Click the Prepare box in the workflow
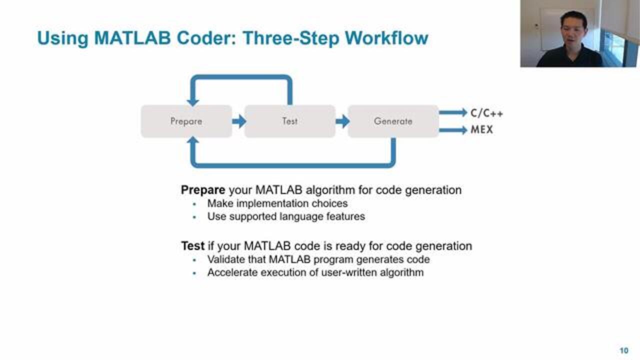pyautogui.click(x=186, y=121)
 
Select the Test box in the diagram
pyautogui.click(x=289, y=121)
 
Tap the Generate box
pyautogui.click(x=393, y=121)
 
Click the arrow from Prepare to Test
pyautogui.click(x=239, y=121)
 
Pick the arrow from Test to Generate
pyautogui.click(x=342, y=121)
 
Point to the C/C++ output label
pyautogui.click(x=486, y=113)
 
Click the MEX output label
pyautogui.click(x=481, y=130)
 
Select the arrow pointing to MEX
pyautogui.click(x=453, y=130)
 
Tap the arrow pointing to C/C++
pyautogui.click(x=453, y=112)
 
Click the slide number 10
pyautogui.click(x=623, y=350)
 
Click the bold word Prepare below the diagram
pyautogui.click(x=203, y=190)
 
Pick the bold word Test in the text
pyautogui.click(x=192, y=246)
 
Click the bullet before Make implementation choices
pyautogui.click(x=194, y=204)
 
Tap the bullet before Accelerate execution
pyautogui.click(x=194, y=273)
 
